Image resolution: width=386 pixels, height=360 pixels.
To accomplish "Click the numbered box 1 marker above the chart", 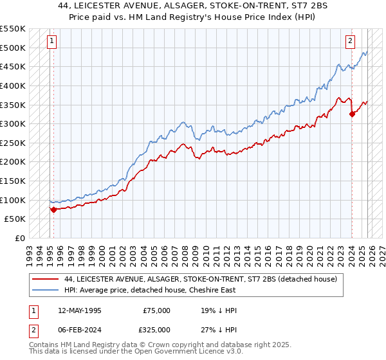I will (51, 41).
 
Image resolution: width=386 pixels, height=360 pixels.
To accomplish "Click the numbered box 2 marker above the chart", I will (351, 41).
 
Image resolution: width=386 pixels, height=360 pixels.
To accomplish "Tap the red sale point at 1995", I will (53, 209).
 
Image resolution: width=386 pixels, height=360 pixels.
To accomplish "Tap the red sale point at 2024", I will (352, 114).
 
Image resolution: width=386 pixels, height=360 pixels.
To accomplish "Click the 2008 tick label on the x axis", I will (186, 251).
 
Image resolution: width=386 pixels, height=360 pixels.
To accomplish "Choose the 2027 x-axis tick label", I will (382, 251).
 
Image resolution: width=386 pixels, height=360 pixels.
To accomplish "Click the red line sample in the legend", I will (46, 279).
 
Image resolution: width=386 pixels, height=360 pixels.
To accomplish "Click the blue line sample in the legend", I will (46, 290).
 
